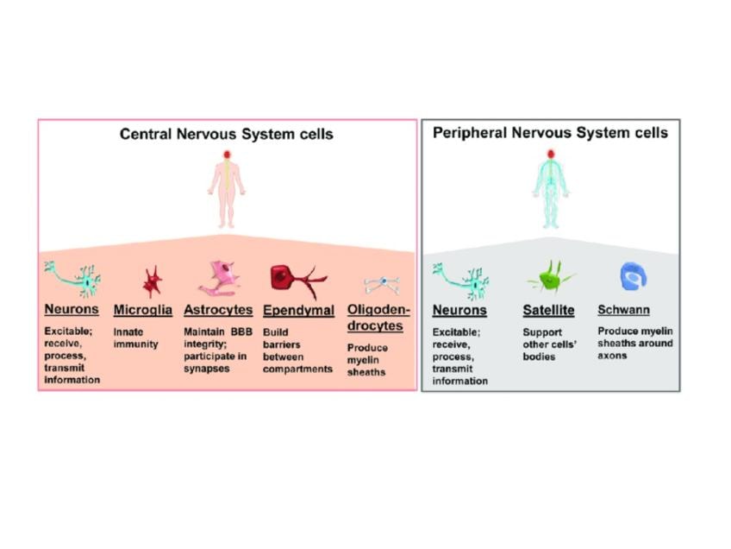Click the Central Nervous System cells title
tap(226, 135)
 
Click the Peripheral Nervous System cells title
tap(550, 133)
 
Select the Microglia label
tap(143, 310)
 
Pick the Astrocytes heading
tap(218, 310)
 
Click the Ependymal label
tap(298, 310)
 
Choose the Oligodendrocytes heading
tap(380, 317)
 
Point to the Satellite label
tap(548, 310)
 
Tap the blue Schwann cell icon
tap(634, 276)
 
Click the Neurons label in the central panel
tap(72, 310)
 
